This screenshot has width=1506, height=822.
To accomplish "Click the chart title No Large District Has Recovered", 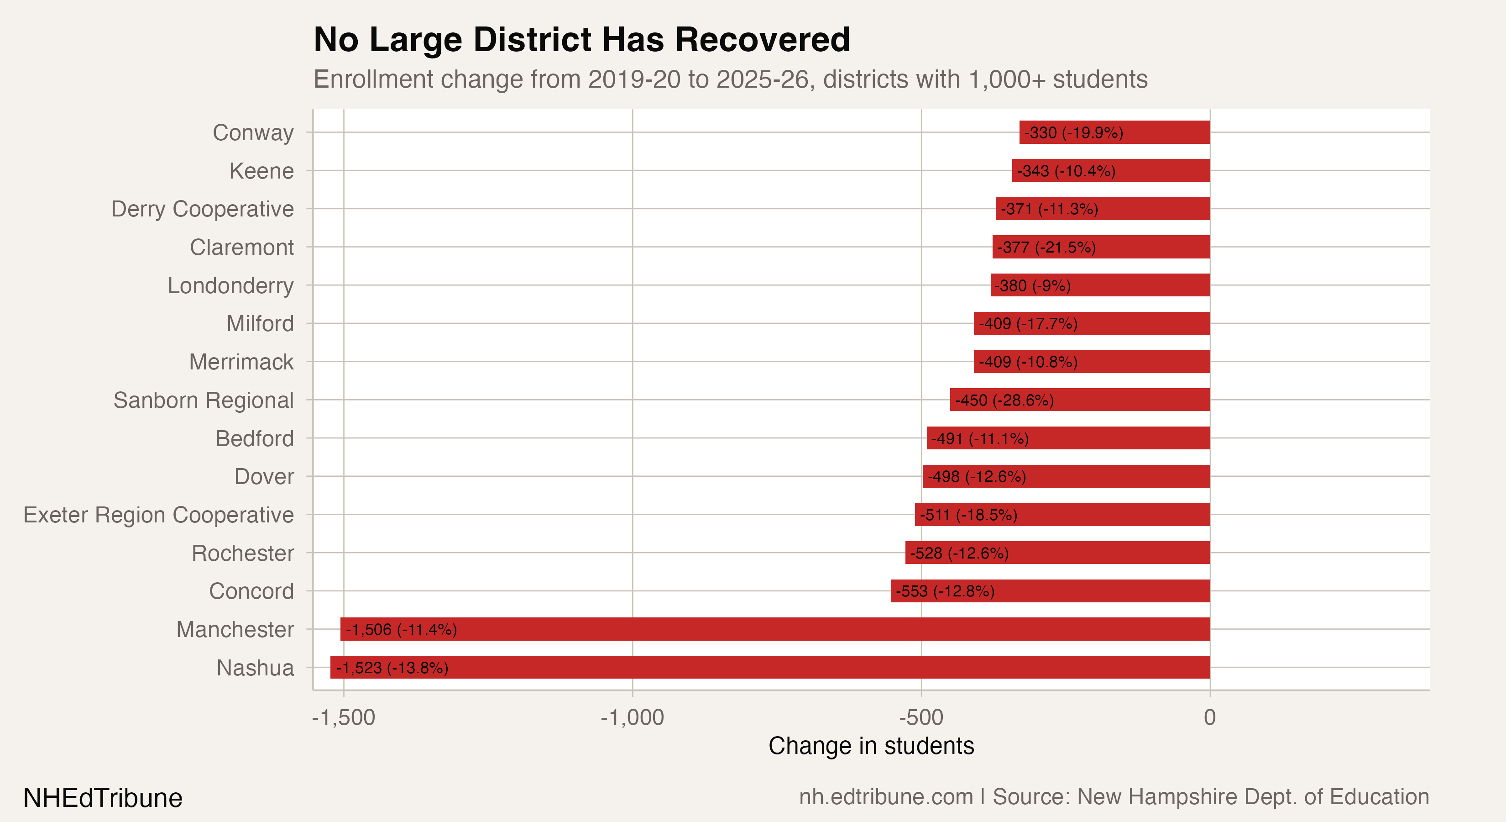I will pos(582,40).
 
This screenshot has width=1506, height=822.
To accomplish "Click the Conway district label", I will pos(253,133).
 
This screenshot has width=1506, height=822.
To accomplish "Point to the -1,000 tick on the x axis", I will pos(632,717).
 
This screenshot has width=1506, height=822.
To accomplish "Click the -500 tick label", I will pos(921,717).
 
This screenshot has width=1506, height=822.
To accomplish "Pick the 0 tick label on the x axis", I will pos(1210,717).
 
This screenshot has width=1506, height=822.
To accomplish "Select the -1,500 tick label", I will pos(344,717).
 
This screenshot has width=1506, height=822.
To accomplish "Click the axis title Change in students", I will pos(871,746).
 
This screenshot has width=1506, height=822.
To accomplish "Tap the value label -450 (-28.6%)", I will pos(1004,400).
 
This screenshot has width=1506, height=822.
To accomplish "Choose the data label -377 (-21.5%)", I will pos(1046,248).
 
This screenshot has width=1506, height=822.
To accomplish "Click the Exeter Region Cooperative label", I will pos(158,515).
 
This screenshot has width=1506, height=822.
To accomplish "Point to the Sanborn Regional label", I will pos(204,400).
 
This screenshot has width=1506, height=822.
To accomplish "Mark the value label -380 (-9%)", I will pos(1032,285).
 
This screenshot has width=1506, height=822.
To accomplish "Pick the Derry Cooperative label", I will pos(202,209).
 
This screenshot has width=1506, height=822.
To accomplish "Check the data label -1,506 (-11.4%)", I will pos(401,630).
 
